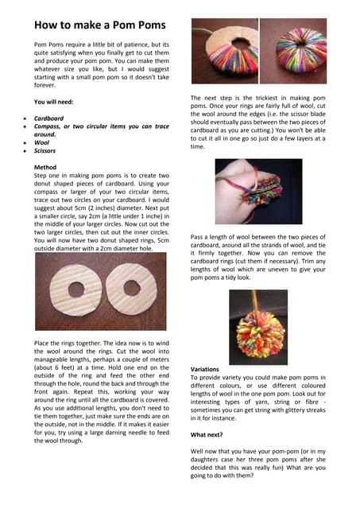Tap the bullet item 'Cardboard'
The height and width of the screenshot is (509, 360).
(x=52, y=118)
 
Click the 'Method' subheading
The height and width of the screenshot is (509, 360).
(x=46, y=168)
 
